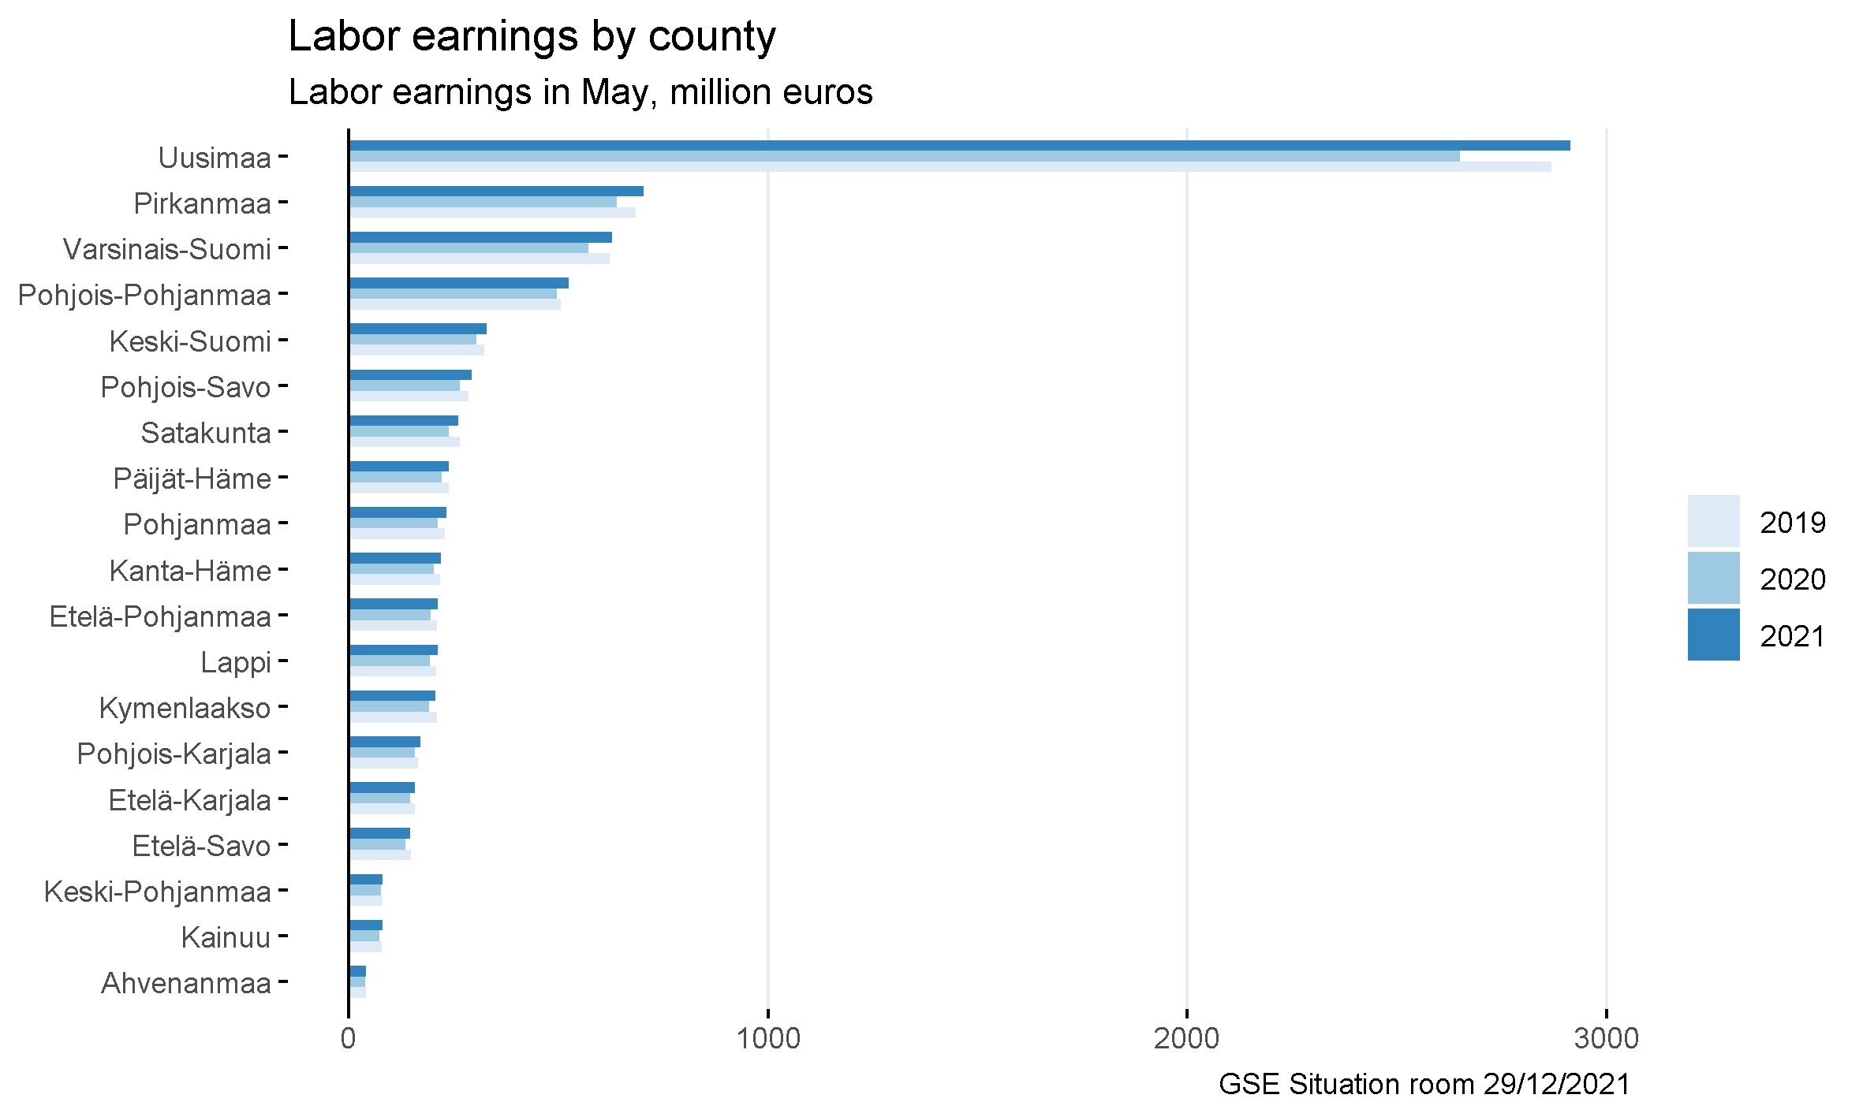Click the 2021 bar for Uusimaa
pyautogui.click(x=958, y=146)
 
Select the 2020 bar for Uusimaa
pyautogui.click(x=903, y=156)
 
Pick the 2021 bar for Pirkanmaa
pyautogui.click(x=495, y=192)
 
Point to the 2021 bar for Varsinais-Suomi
pyautogui.click(x=480, y=237)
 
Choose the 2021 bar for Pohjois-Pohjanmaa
pyautogui.click(x=458, y=283)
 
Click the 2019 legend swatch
pyautogui.click(x=1713, y=521)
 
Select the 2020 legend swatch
pyautogui.click(x=1713, y=578)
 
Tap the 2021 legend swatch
pyautogui.click(x=1713, y=635)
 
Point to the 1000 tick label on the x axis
pyautogui.click(x=767, y=1038)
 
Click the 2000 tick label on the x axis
pyautogui.click(x=1186, y=1038)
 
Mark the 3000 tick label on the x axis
pyautogui.click(x=1606, y=1038)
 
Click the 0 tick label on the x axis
pyautogui.click(x=348, y=1038)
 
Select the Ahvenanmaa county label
pyautogui.click(x=186, y=984)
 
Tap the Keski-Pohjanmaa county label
pyautogui.click(x=158, y=892)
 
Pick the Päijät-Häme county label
pyautogui.click(x=192, y=479)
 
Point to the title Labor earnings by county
pyautogui.click(x=532, y=36)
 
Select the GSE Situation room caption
pyautogui.click(x=1424, y=1085)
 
